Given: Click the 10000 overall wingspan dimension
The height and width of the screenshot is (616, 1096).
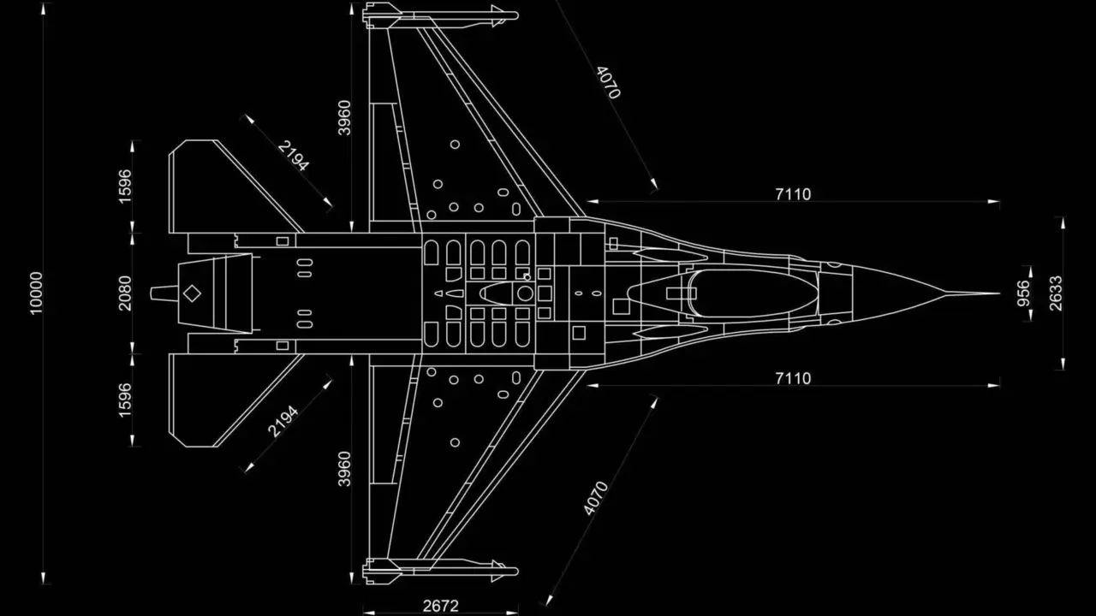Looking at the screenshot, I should click(35, 293).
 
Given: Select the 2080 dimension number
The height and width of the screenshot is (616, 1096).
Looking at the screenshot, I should click(125, 293).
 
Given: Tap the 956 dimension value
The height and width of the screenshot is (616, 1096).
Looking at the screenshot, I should click(1023, 293).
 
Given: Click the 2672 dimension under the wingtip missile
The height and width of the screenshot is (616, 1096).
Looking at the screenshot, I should click(441, 606).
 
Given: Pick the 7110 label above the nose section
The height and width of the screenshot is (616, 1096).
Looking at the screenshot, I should click(793, 194).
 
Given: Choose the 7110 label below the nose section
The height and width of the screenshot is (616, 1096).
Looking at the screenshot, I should click(793, 378).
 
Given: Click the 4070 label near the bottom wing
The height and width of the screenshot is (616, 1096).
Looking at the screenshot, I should click(595, 498).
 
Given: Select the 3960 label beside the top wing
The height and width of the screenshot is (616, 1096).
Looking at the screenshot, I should click(344, 118).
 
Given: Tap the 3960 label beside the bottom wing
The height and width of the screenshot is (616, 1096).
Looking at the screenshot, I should click(344, 469).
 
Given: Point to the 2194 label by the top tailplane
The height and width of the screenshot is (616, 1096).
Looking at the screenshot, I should click(294, 156).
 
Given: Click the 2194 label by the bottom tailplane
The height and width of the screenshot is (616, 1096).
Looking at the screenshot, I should click(283, 421).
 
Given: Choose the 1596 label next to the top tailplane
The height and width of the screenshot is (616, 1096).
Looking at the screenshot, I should click(125, 187).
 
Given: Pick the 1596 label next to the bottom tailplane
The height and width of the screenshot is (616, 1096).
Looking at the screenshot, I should click(125, 400).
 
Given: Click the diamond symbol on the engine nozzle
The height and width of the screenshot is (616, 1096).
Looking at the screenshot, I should click(193, 293).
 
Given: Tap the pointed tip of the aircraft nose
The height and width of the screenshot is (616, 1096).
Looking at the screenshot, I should click(997, 293).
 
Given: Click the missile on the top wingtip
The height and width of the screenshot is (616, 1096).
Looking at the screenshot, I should click(441, 14).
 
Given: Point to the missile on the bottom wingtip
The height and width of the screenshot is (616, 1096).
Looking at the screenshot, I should click(441, 570).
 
